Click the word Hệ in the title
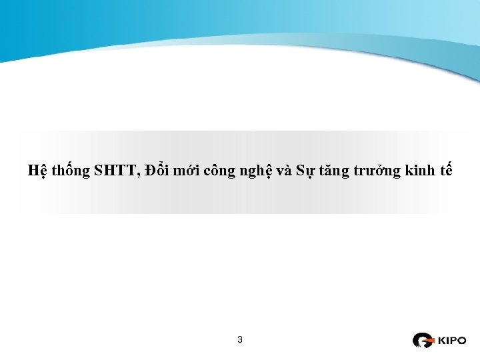pos(37,171)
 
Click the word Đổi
pos(156,170)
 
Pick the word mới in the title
pos(189,171)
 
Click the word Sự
pos(305,171)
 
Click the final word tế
pos(446,171)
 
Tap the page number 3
pos(240,340)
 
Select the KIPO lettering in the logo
pos(451,341)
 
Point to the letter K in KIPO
pos(441,341)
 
